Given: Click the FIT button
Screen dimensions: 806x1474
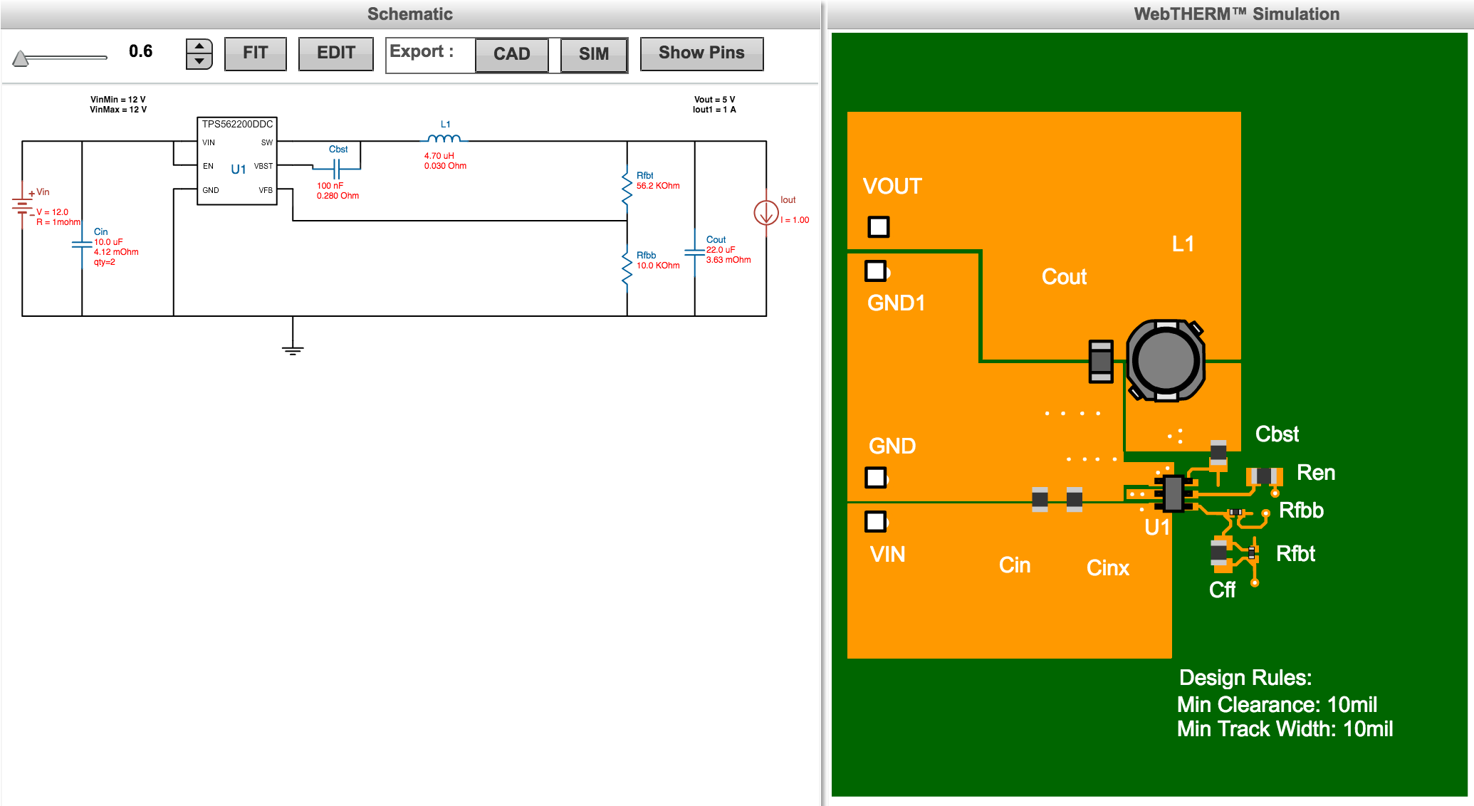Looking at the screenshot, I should pyautogui.click(x=255, y=53).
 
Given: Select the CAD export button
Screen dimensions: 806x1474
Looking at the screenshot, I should pyautogui.click(x=511, y=54).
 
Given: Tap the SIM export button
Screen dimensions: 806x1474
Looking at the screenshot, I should pyautogui.click(x=593, y=54).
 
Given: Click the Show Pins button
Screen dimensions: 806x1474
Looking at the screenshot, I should pyautogui.click(x=701, y=53).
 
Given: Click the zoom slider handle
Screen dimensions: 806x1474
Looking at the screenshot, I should pyautogui.click(x=21, y=58).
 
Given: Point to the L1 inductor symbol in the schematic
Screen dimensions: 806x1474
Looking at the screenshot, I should pyautogui.click(x=444, y=139).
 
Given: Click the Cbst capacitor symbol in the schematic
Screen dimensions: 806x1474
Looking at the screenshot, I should pyautogui.click(x=338, y=169).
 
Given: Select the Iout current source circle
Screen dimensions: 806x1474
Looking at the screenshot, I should pyautogui.click(x=766, y=212).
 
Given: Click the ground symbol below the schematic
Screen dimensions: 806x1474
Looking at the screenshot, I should pyautogui.click(x=293, y=349).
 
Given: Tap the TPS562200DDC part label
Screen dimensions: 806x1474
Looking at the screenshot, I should pyautogui.click(x=237, y=124).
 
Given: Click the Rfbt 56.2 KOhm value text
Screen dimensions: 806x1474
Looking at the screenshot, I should pyautogui.click(x=658, y=186).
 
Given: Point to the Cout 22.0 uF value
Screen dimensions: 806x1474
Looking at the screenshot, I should pyautogui.click(x=721, y=250).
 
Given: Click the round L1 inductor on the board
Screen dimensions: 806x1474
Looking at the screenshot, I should pyautogui.click(x=1166, y=360).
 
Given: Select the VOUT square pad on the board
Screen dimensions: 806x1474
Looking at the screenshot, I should pyautogui.click(x=879, y=227).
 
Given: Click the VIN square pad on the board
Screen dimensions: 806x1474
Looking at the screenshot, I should pyautogui.click(x=876, y=522).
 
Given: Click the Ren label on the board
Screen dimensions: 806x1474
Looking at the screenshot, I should pyautogui.click(x=1315, y=473).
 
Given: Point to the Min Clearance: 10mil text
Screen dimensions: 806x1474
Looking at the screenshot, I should pyautogui.click(x=1276, y=704).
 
